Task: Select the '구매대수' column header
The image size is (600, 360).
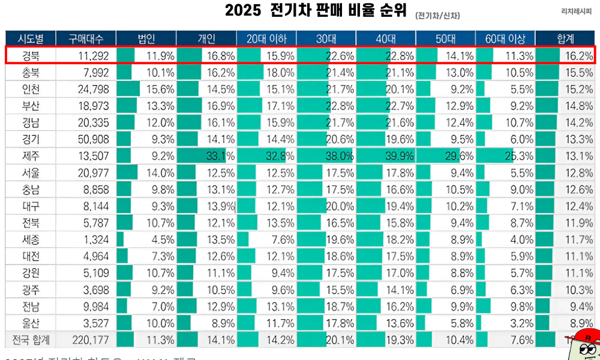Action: click(86, 39)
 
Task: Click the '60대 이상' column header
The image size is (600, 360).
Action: click(505, 39)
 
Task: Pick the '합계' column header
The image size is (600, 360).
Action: click(565, 39)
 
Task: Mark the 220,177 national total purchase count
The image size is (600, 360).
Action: click(85, 340)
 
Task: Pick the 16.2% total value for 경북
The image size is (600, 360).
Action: click(579, 56)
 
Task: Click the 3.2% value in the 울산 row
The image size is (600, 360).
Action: click(520, 323)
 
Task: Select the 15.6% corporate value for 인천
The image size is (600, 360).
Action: click(160, 89)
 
